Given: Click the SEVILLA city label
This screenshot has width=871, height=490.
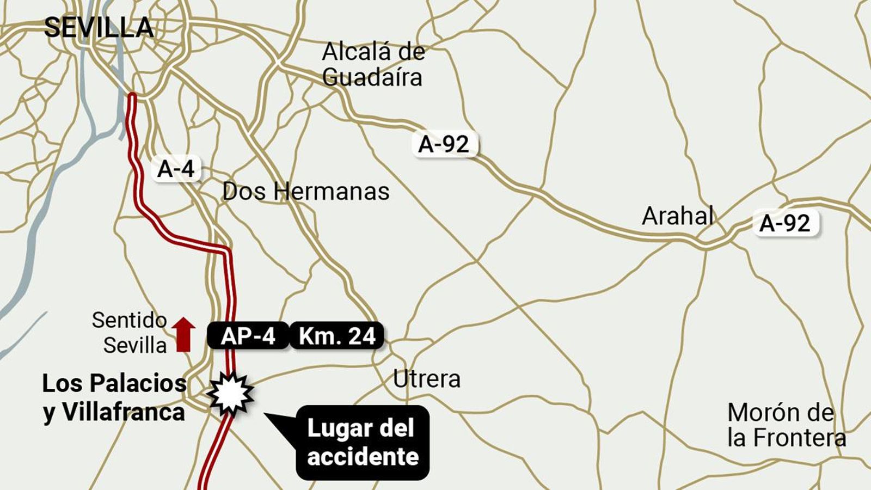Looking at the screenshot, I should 99,28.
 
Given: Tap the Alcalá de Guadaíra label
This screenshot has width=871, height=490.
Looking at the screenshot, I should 373,64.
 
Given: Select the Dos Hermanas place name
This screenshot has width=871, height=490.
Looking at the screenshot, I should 306,192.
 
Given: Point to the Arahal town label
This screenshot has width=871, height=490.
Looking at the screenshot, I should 678,216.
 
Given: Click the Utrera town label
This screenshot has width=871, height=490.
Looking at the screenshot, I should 427,379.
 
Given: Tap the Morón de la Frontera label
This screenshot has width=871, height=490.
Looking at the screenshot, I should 786,425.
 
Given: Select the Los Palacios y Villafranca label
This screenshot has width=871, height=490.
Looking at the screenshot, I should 114,397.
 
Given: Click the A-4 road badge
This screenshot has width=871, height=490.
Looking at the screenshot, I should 176,169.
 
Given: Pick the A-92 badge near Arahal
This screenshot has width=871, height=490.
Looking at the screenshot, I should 786,223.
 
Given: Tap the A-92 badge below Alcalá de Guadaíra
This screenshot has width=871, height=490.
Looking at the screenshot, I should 444,144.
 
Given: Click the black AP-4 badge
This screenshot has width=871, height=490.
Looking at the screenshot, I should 248,336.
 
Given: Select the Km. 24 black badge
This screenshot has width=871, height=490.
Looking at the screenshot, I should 337,336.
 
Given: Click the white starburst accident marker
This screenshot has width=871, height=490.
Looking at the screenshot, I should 230,394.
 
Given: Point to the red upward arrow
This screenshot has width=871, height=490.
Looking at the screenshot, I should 183,334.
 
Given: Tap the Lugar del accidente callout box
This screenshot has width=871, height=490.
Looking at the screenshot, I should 363,442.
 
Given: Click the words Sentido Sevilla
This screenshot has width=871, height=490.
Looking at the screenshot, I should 130,333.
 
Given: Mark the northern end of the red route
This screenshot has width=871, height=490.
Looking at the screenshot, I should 132,97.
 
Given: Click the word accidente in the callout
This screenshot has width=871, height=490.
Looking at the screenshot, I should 363,456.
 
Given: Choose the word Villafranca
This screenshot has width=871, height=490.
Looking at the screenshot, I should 123,412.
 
